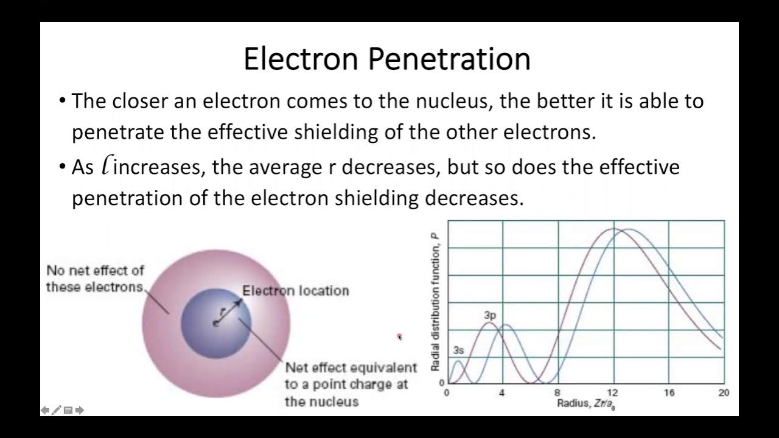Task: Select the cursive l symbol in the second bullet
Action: pyautogui.click(x=107, y=165)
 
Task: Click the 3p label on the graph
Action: pyautogui.click(x=490, y=316)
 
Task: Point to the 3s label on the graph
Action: pyautogui.click(x=459, y=350)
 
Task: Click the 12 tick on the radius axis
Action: pyautogui.click(x=613, y=393)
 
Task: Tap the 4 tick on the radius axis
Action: pyautogui.click(x=502, y=393)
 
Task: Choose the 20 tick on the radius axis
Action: pyautogui.click(x=723, y=393)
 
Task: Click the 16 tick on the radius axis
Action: pyautogui.click(x=668, y=393)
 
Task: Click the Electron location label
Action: pyautogui.click(x=296, y=291)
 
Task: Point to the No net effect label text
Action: pyautogui.click(x=95, y=279)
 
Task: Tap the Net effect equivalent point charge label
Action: pyautogui.click(x=350, y=384)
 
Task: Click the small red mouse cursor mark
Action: pyautogui.click(x=400, y=336)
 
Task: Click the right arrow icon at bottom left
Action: pyautogui.click(x=80, y=410)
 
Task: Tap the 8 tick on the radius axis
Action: pyautogui.click(x=557, y=393)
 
